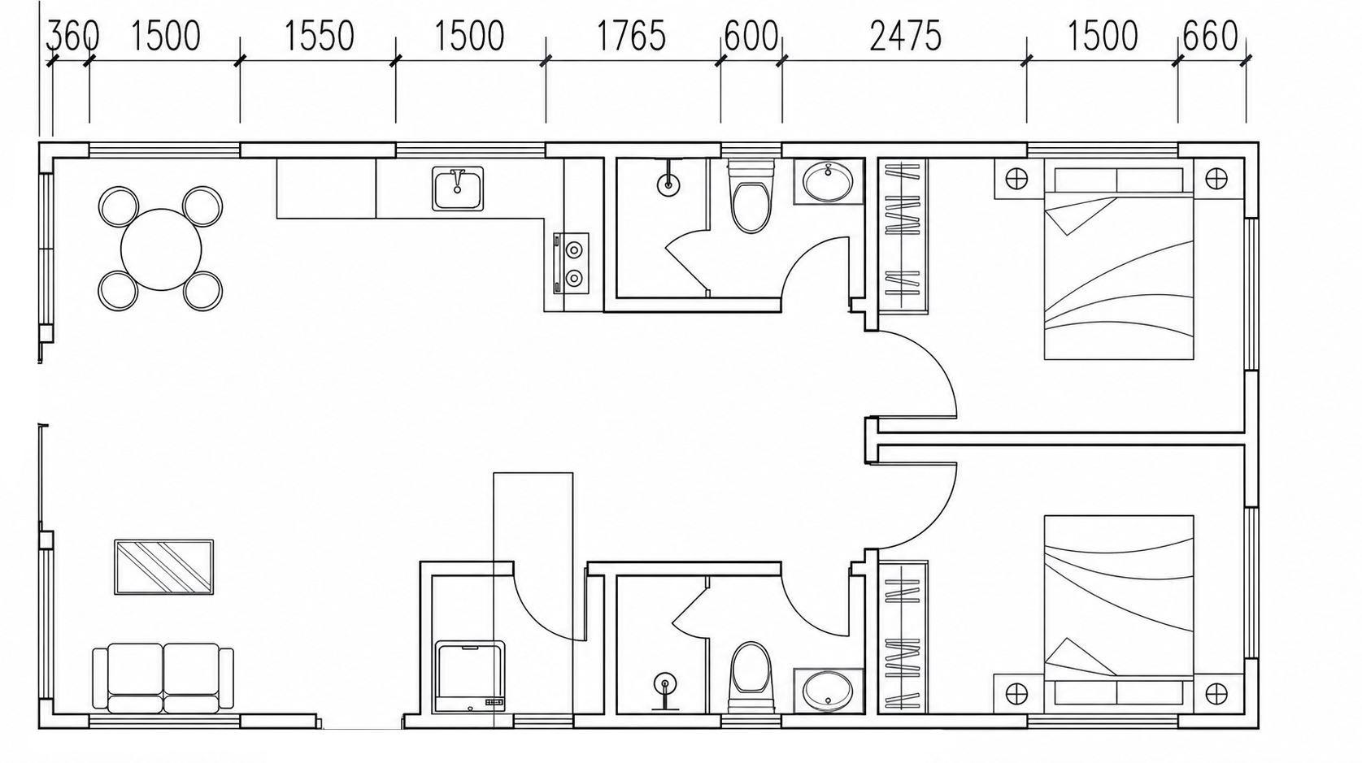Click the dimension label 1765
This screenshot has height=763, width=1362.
point(631,36)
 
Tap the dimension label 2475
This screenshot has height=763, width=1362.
point(905,36)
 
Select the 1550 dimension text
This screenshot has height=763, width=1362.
point(320,36)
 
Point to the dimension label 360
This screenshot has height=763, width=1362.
point(72,36)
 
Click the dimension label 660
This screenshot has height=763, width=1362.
point(1211,36)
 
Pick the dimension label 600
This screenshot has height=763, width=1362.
point(751,36)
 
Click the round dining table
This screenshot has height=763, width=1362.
point(161,249)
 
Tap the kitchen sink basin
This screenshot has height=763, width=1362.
point(458,189)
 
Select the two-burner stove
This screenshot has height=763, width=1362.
point(571,263)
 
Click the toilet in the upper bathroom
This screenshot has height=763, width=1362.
point(751,197)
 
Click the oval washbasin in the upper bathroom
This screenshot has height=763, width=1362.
point(828,182)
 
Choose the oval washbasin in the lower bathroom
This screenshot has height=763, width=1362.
point(828,691)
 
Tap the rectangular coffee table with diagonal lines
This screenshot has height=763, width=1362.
point(164,567)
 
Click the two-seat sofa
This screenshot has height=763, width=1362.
point(163,678)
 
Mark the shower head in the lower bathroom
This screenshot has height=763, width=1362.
point(666,684)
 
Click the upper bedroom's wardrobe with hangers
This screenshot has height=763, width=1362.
point(903,236)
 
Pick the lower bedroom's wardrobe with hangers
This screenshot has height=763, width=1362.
point(903,636)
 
